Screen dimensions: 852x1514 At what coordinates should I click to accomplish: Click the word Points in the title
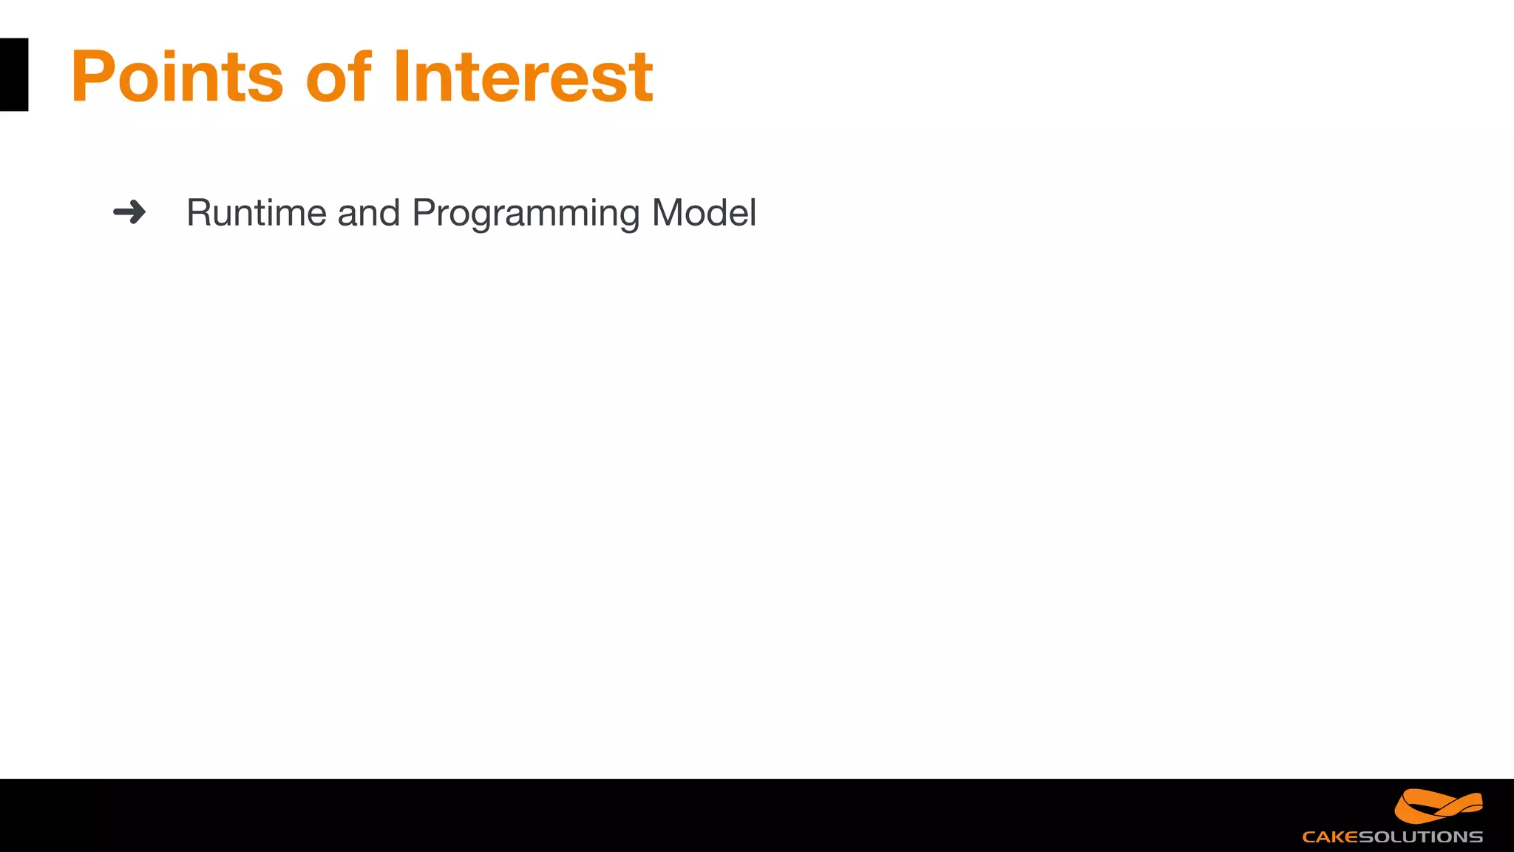177,76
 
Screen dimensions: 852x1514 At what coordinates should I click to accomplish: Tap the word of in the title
338,76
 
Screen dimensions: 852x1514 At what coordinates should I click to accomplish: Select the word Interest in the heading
523,76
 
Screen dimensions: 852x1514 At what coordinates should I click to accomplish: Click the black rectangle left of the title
14,75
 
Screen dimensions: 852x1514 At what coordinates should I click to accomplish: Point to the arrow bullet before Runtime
129,212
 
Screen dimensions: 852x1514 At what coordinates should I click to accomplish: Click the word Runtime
256,213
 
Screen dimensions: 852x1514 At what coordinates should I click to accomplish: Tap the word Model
704,213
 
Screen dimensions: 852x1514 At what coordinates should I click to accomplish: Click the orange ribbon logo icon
1438,806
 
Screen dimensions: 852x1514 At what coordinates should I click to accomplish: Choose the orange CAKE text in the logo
1330,837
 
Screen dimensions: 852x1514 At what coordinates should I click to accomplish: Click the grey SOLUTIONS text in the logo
1420,837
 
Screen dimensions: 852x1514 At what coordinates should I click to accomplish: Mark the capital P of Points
92,76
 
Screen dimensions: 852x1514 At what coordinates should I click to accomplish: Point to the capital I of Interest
401,76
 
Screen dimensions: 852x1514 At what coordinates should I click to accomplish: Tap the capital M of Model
668,213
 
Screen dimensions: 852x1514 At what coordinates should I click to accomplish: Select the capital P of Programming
424,213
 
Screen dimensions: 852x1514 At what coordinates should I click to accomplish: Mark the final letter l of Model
753,212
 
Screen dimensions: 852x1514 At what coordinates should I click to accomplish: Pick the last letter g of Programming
628,216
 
